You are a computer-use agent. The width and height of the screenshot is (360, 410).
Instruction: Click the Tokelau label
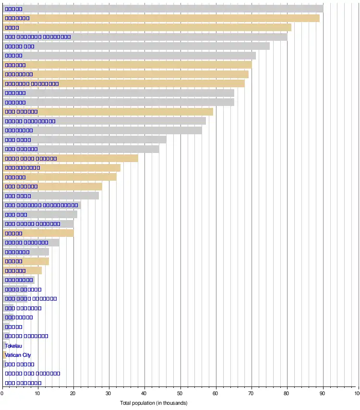coord(13,346)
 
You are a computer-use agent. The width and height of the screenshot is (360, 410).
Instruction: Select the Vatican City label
coord(18,355)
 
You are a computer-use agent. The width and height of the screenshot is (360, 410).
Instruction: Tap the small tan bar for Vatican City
coord(4,355)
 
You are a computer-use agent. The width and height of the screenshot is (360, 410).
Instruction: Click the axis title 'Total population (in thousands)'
coord(154,403)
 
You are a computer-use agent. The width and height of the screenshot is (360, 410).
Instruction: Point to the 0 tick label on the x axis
coord(2,394)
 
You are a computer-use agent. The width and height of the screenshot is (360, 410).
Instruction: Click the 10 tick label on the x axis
coord(38,394)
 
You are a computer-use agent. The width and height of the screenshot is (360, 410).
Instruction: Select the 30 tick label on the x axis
coord(109,394)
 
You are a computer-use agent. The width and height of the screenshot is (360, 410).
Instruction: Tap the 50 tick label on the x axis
coord(180,394)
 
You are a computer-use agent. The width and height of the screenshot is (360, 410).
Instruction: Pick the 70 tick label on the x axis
coord(251,394)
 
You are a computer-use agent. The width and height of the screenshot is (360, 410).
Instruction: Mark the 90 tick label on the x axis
coord(322,394)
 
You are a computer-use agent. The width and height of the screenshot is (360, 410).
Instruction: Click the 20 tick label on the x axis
coord(73,394)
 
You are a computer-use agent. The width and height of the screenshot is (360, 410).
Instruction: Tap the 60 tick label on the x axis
coord(216,394)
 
